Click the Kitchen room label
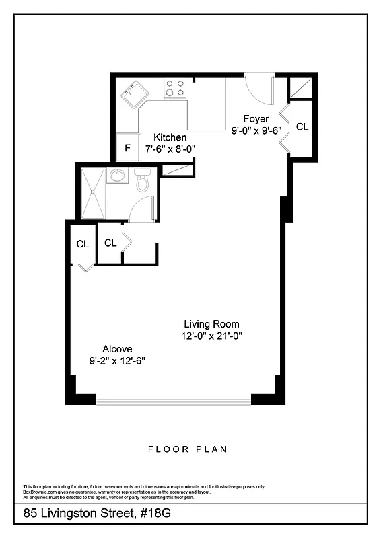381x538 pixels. (170, 137)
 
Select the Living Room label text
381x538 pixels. (211, 323)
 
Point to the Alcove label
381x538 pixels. (117, 349)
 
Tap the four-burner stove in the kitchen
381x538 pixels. (176, 88)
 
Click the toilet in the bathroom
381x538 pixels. (143, 182)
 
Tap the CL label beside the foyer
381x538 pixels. (302, 126)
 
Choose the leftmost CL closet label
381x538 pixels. (82, 245)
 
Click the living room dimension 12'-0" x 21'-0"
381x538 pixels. (211, 336)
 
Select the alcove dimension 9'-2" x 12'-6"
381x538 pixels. (118, 361)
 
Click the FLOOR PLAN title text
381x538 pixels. (188, 449)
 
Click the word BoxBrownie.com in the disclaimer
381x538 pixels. (40, 492)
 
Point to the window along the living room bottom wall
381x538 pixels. (173, 401)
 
